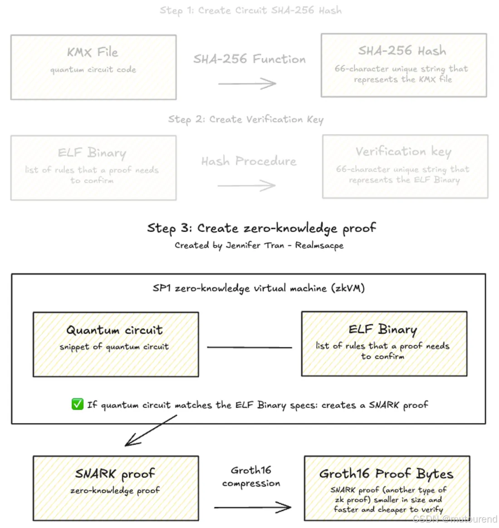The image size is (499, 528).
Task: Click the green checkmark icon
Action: pyautogui.click(x=78, y=404)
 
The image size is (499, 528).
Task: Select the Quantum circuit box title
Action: pyautogui.click(x=114, y=330)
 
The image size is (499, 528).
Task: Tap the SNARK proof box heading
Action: pyautogui.click(x=115, y=474)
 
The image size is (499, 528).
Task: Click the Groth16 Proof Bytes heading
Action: pyautogui.click(x=386, y=474)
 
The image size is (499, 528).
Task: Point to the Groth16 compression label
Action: pyautogui.click(x=251, y=477)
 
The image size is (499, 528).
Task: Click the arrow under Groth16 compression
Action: pyautogui.click(x=252, y=507)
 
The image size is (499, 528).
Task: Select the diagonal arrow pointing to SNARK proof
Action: pyautogui.click(x=151, y=431)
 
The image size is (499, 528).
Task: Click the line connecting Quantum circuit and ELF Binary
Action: pyautogui.click(x=249, y=348)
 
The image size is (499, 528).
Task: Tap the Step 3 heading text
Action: pyautogui.click(x=261, y=228)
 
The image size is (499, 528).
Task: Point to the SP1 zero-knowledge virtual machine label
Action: pyautogui.click(x=259, y=288)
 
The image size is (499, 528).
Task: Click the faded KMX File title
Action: pyautogui.click(x=93, y=52)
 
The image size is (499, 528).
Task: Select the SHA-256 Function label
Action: pyautogui.click(x=249, y=59)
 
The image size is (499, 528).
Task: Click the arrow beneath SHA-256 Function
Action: pyautogui.click(x=247, y=83)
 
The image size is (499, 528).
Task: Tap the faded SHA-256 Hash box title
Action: pyautogui.click(x=402, y=51)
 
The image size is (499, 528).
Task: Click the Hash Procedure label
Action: pyautogui.click(x=249, y=161)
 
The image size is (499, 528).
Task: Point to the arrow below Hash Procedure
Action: pyautogui.click(x=247, y=185)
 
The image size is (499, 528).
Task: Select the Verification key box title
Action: pyautogui.click(x=403, y=151)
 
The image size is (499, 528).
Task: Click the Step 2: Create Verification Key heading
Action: pyautogui.click(x=245, y=120)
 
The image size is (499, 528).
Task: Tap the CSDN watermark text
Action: pyautogui.click(x=455, y=519)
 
